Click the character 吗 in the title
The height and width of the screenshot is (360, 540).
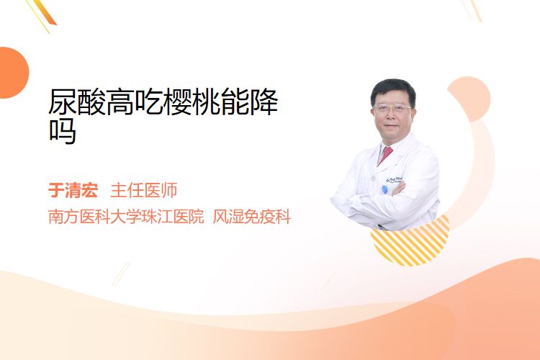63,131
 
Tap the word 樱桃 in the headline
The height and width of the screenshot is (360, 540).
192,102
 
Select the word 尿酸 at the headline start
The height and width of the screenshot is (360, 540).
77,102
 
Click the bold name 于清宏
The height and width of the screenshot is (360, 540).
73,190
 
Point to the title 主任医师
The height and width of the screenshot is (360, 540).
144,190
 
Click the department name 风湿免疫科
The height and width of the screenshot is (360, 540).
252,217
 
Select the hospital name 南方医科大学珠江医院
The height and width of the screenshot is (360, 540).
126,217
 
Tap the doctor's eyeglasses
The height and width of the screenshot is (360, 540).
392,109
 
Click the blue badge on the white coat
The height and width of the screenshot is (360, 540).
384,189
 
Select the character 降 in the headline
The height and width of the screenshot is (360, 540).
264,102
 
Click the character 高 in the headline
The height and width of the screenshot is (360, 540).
120,102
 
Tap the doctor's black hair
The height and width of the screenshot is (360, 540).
393,89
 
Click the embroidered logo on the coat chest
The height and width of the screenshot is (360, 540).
395,179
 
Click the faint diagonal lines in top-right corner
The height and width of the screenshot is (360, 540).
472,10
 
